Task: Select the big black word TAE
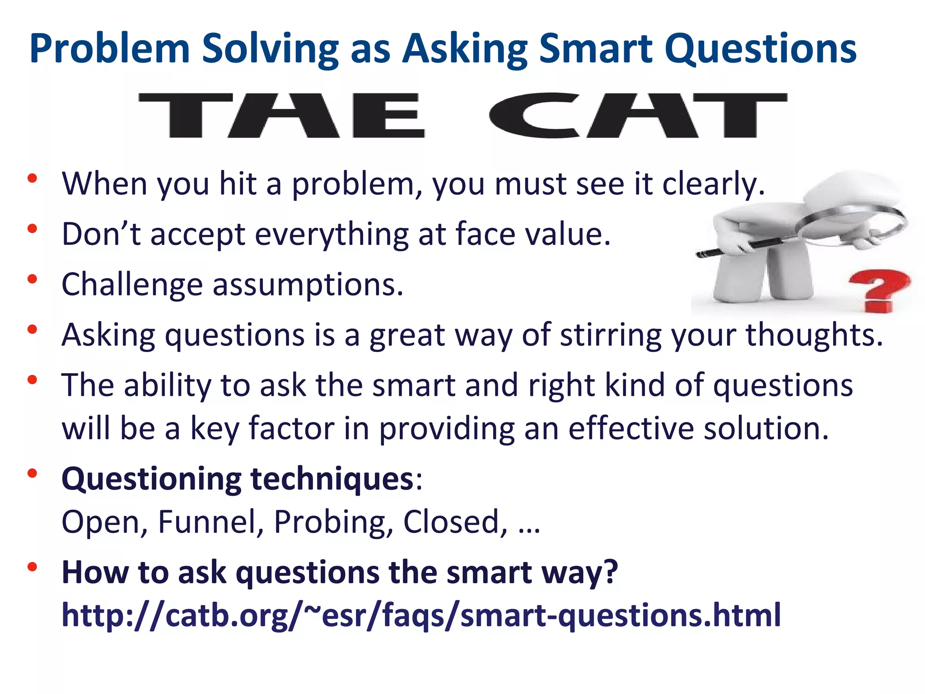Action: pos(282,115)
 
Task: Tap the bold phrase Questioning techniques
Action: pos(238,479)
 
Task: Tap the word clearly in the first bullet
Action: pos(714,184)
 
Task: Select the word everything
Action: pos(332,234)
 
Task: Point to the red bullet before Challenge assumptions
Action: pos(32,279)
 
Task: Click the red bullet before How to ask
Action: pos(32,567)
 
